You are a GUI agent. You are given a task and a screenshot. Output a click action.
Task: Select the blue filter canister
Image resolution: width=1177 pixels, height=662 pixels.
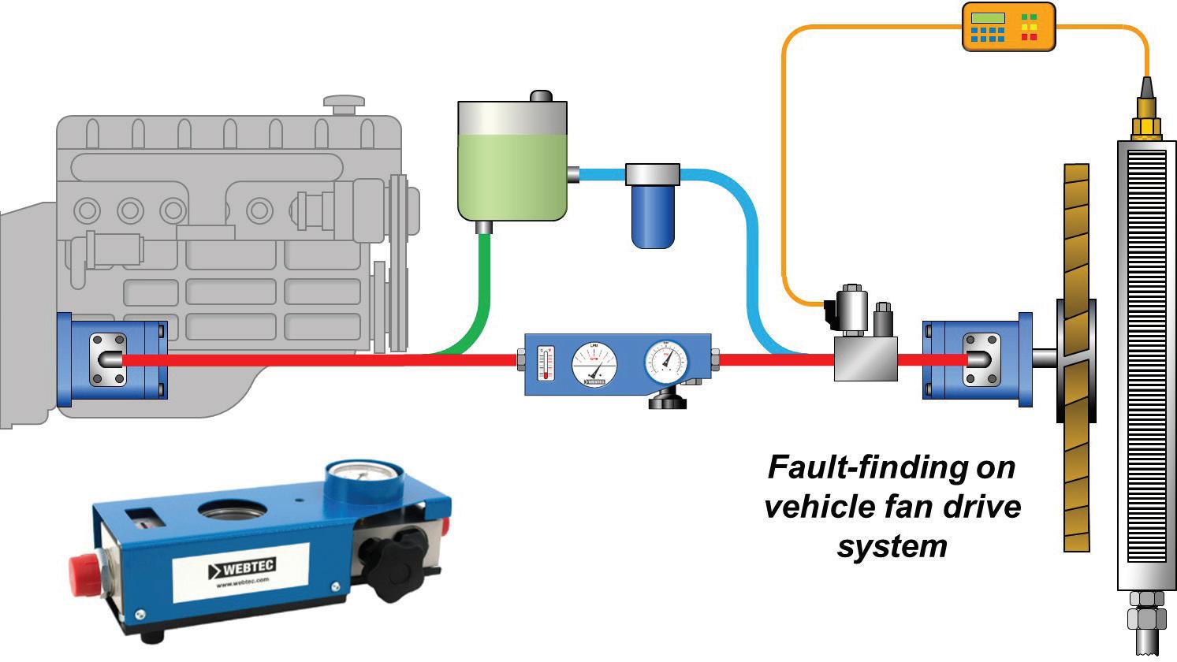pos(653,209)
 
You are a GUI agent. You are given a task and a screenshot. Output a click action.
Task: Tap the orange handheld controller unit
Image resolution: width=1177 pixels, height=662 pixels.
pos(1008,27)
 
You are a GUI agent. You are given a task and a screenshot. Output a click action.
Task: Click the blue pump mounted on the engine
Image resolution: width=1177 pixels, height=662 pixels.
pos(110,359)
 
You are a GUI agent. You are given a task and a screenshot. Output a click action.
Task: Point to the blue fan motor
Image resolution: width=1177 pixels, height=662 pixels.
pos(977,359)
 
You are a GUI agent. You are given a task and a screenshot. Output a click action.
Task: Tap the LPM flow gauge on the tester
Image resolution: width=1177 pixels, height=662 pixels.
pos(594,364)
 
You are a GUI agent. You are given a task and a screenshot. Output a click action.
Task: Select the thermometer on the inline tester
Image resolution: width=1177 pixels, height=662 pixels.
pos(545,363)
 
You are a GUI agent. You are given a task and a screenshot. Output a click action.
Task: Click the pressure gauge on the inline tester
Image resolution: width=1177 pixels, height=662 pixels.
pos(666,362)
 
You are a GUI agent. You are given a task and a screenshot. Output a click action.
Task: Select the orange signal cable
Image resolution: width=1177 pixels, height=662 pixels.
pos(785,158)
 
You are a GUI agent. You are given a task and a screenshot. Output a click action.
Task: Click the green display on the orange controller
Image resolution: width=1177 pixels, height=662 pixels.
pos(988,18)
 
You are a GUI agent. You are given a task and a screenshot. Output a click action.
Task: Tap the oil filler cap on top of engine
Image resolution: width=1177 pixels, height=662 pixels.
pos(344,102)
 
